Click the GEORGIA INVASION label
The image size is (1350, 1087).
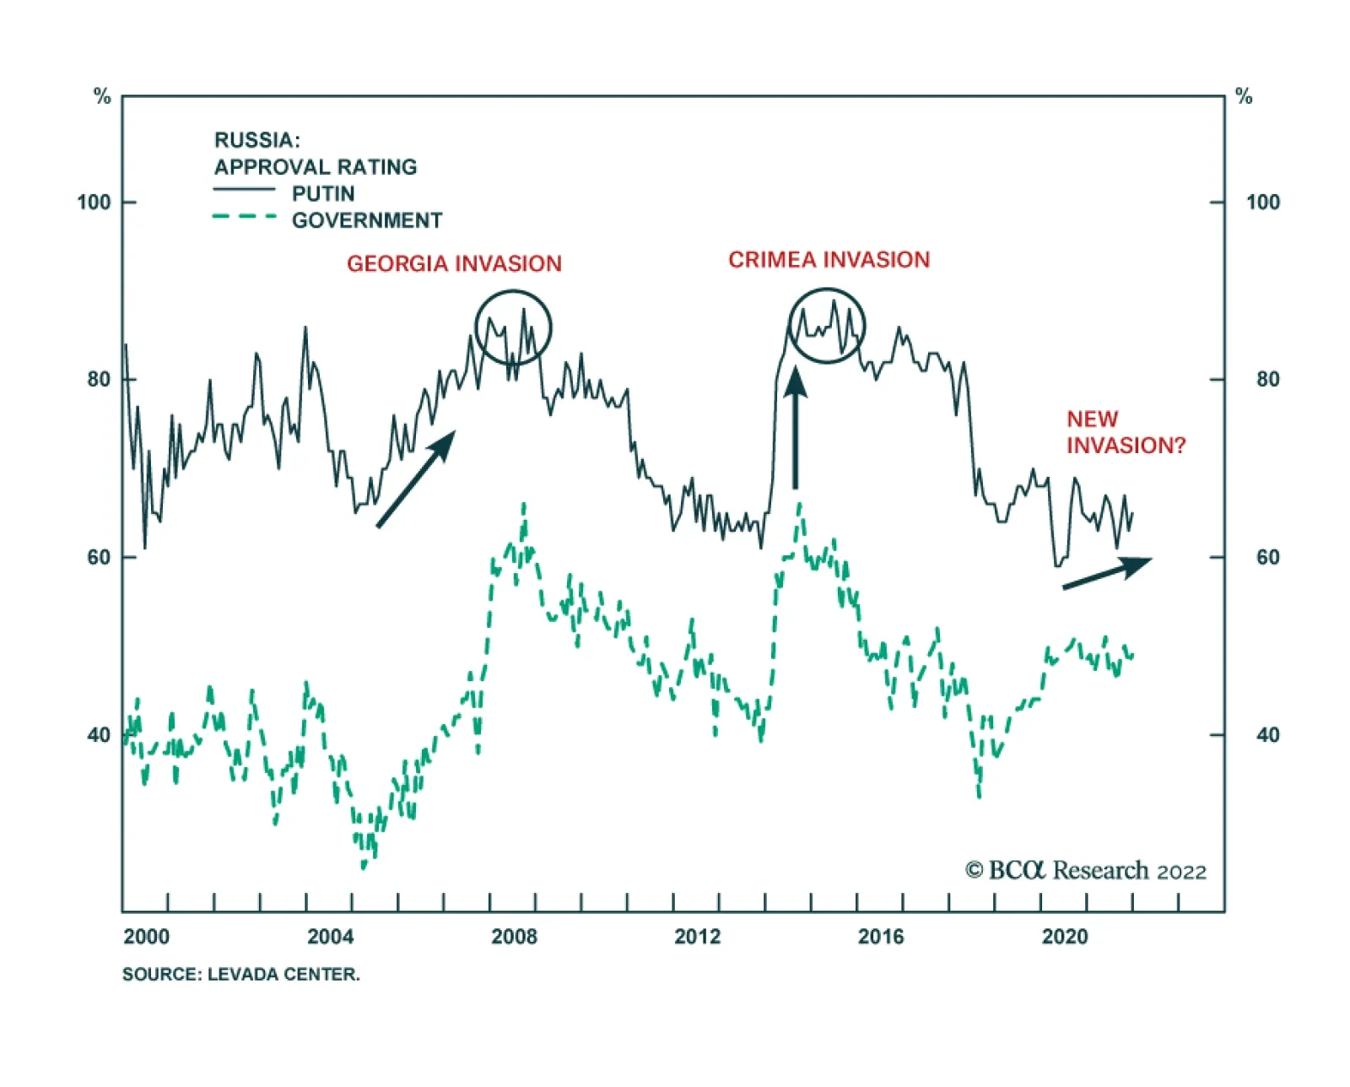(x=454, y=264)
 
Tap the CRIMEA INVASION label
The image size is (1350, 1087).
(x=829, y=260)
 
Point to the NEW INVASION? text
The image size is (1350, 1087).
(x=1125, y=432)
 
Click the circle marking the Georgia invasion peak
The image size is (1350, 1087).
(x=513, y=327)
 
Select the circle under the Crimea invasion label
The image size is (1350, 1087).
(x=827, y=326)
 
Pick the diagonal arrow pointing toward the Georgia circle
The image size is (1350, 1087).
(x=416, y=479)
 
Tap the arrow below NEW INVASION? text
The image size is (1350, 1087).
(x=1107, y=573)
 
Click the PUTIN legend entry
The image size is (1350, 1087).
(x=322, y=194)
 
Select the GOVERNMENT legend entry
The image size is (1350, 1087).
(x=366, y=221)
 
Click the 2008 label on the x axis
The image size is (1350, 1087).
(x=514, y=937)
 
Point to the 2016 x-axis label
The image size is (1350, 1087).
(x=880, y=937)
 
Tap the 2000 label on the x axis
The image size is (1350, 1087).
(x=146, y=937)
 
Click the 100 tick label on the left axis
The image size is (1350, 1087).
(x=94, y=203)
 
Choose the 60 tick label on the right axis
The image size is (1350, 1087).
(x=1267, y=558)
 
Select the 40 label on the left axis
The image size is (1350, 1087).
(x=99, y=735)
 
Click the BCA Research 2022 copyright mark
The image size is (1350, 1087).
(x=1085, y=871)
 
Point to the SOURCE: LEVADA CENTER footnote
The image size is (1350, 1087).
(x=240, y=975)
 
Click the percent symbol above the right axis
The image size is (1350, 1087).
(x=1244, y=97)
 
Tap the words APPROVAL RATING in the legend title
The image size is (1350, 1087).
(x=316, y=167)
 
